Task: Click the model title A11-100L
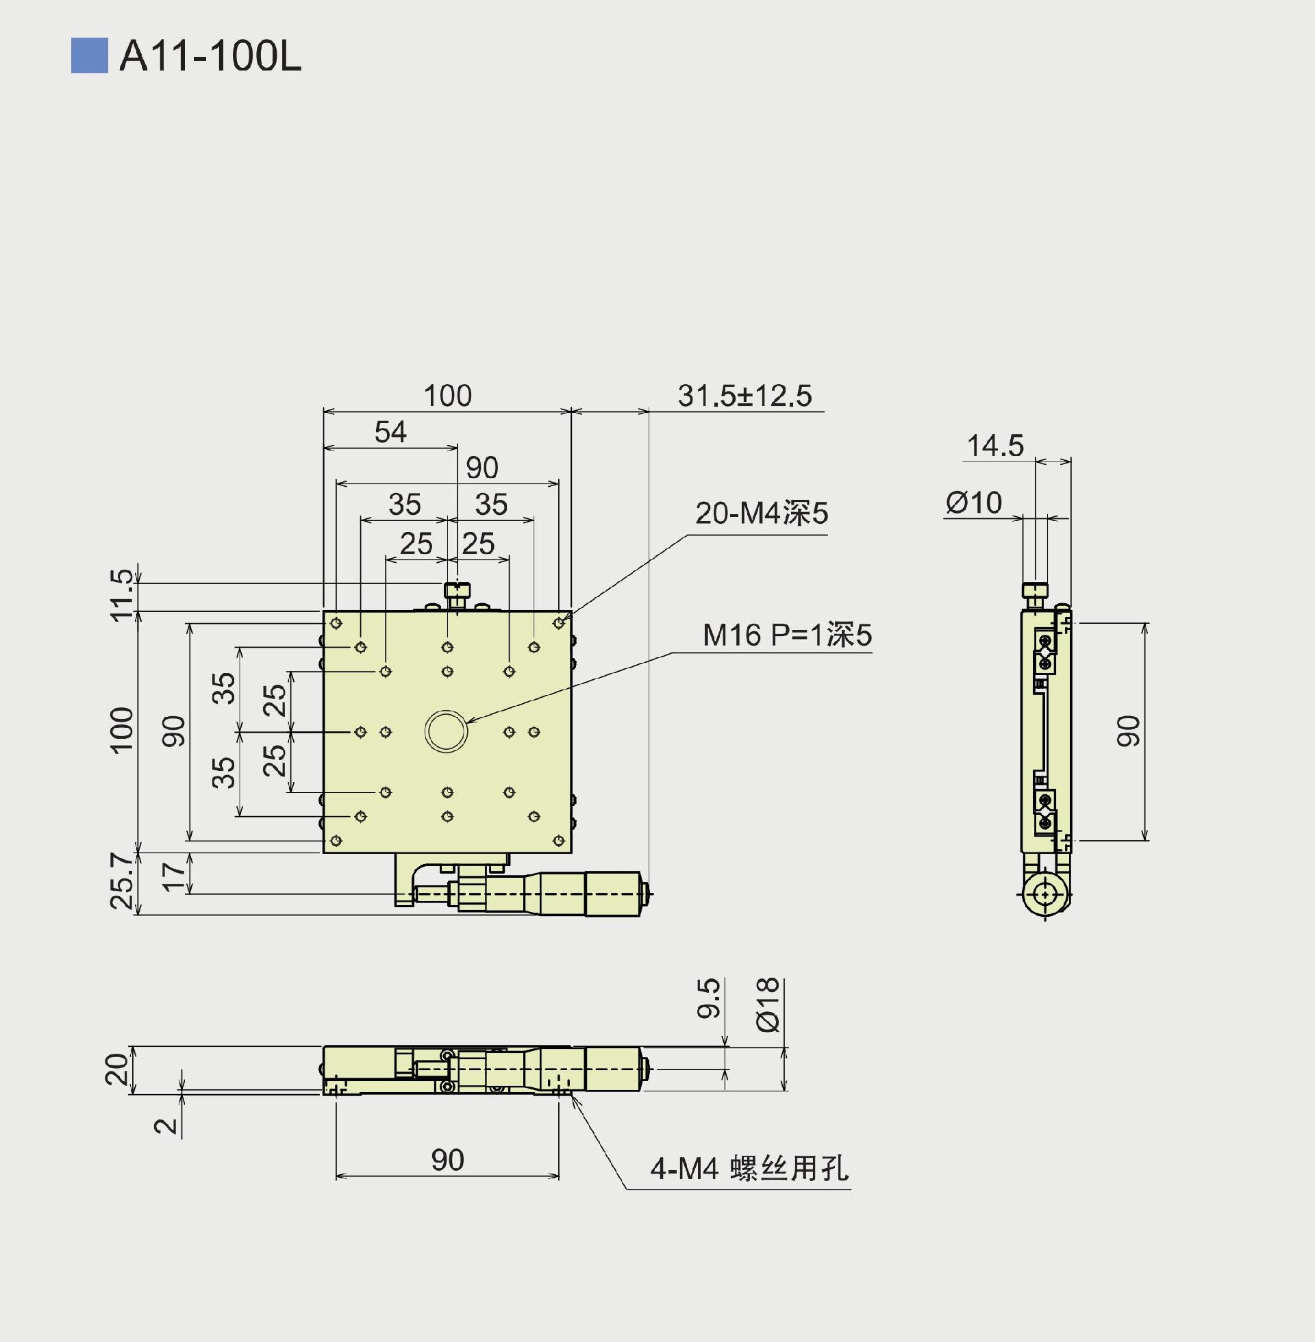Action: [210, 56]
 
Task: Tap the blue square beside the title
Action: [89, 55]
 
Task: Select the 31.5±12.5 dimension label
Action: [744, 396]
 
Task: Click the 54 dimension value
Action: [390, 432]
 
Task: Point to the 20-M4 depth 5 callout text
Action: [761, 514]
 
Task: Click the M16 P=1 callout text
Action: [787, 635]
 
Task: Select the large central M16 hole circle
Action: [446, 731]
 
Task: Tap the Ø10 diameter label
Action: [973, 503]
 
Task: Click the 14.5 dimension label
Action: [994, 446]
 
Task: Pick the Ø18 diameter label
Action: [768, 1004]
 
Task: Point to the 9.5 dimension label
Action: [709, 998]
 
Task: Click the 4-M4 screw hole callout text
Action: [749, 1169]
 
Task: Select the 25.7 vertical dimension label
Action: [121, 881]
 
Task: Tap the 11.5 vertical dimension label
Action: [121, 594]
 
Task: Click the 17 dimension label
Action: [173, 874]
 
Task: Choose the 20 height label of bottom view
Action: [116, 1069]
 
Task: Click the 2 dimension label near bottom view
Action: [166, 1126]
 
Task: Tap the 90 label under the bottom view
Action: [447, 1160]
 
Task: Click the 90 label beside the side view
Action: [1128, 731]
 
